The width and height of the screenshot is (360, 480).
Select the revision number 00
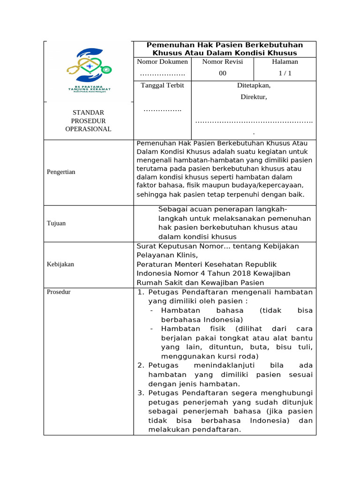coord(223,73)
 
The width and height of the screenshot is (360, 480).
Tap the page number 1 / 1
coord(285,73)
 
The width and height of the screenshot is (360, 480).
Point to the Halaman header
coord(285,62)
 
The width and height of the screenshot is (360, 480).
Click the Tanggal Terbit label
coord(162,85)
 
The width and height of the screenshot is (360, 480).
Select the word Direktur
coord(254,97)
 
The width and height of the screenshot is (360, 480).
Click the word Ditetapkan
coord(254,85)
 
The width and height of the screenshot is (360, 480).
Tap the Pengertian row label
coord(61,172)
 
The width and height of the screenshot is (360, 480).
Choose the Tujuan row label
coord(56,223)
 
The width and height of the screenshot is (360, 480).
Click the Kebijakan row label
coord(60,264)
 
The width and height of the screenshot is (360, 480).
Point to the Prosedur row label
coord(59,292)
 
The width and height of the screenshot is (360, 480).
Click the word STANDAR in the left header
coord(88,112)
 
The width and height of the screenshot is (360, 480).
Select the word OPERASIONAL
coord(88,129)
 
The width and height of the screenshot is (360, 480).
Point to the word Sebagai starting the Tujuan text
coord(174,209)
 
